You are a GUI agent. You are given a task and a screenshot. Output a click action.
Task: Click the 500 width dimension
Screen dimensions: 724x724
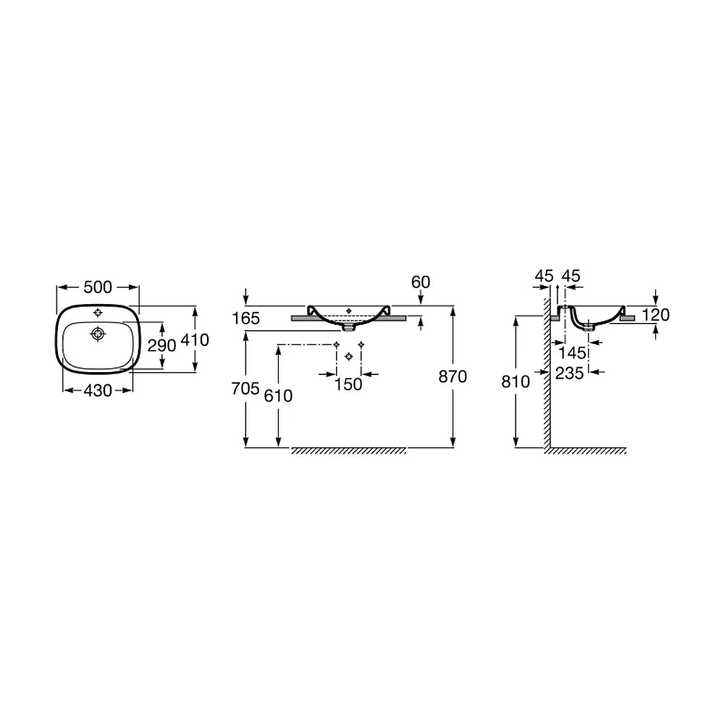98,287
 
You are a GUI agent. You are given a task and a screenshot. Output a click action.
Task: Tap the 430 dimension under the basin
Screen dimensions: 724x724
98,391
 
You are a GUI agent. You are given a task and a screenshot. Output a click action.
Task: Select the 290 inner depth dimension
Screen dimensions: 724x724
161,345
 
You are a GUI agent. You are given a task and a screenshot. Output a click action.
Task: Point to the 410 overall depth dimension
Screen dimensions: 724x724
195,340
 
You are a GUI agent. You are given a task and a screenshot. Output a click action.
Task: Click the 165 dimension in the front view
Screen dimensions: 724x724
246,318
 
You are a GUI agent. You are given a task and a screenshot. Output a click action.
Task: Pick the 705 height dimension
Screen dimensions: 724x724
245,389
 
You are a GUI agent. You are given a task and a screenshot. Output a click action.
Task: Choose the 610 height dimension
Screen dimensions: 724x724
279,396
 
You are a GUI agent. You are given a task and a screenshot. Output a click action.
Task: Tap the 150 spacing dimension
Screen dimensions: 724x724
348,384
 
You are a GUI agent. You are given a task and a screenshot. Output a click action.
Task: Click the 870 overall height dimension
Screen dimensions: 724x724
453,376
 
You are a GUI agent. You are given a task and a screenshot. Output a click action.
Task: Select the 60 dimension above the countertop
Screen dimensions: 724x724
421,282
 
